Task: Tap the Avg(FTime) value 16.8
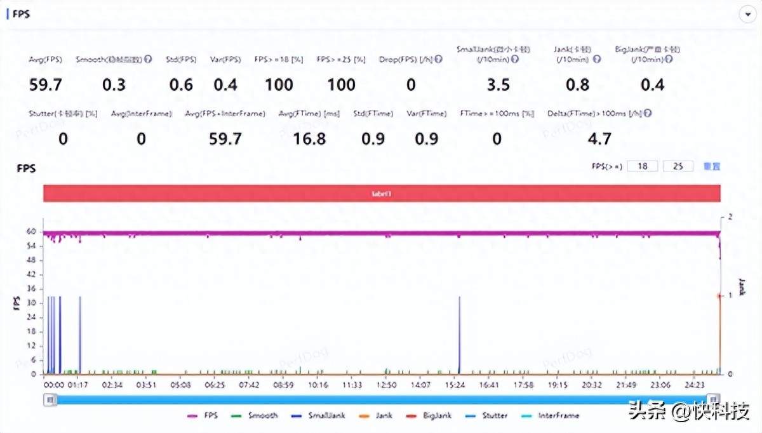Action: click(309, 138)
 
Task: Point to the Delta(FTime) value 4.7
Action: click(598, 138)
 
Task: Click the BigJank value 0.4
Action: click(653, 84)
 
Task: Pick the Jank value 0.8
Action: click(577, 84)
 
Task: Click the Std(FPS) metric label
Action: click(181, 60)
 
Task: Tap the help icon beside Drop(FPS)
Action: click(438, 60)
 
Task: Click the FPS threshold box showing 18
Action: click(642, 166)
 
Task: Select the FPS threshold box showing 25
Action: click(678, 166)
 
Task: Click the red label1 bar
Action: click(382, 193)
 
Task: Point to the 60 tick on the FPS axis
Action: click(31, 232)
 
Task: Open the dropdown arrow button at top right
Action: click(747, 14)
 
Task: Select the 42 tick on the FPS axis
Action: click(31, 275)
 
